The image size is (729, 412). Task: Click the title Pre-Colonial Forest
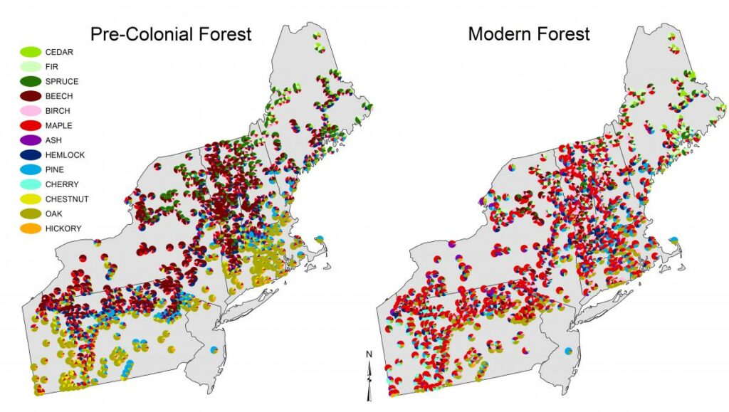pos(170,33)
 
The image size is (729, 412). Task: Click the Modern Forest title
pos(528,33)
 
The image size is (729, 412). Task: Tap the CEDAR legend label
pos(59,52)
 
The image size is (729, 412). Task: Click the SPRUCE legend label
pos(62,82)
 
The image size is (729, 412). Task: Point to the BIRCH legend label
pos(58,111)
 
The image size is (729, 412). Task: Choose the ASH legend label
pos(53,140)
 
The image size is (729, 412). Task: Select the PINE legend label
pos(55,169)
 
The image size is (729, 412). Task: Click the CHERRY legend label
pos(61,184)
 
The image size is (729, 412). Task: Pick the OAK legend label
pos(53,213)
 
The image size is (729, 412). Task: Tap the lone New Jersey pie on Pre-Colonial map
pos(214,349)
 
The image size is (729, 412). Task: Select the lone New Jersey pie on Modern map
pos(567,352)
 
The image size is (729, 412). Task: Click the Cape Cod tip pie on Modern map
pos(673,241)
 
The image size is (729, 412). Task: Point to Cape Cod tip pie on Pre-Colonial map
pos(320,238)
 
